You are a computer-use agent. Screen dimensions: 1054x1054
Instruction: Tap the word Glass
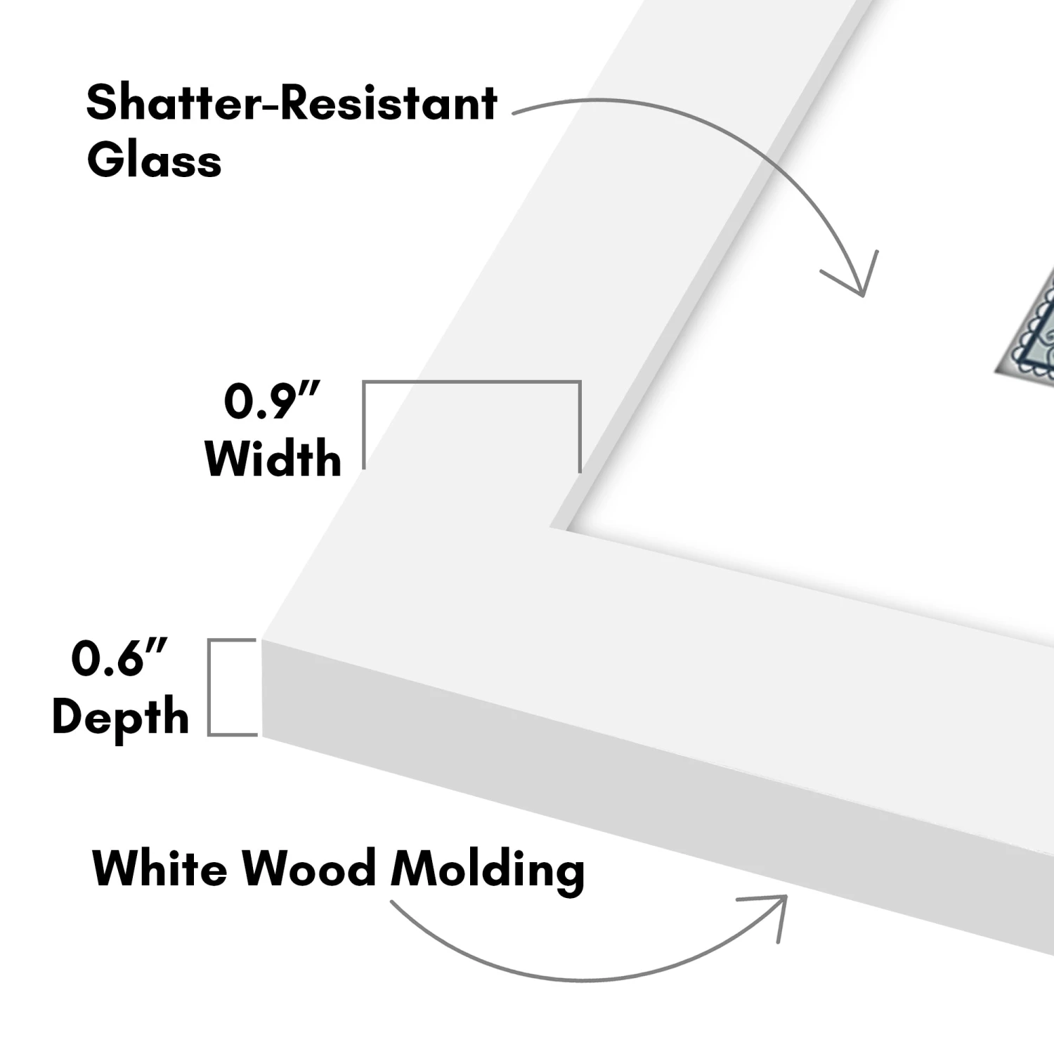tap(154, 160)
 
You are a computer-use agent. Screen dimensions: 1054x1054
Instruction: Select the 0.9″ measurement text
tap(271, 401)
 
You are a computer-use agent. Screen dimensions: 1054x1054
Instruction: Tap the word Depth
tap(120, 717)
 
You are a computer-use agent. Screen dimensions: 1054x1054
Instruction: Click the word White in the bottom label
tap(160, 868)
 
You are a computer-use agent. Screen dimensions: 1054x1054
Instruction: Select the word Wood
tap(308, 868)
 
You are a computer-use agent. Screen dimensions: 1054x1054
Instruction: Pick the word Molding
tap(487, 870)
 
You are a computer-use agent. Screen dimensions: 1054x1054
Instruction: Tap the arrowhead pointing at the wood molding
tap(773, 910)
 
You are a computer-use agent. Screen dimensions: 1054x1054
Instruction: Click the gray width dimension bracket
tap(471, 383)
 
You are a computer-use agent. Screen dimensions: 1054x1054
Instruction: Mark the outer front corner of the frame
tap(263, 641)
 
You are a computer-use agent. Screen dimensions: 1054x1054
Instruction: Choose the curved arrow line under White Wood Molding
tap(562, 977)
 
